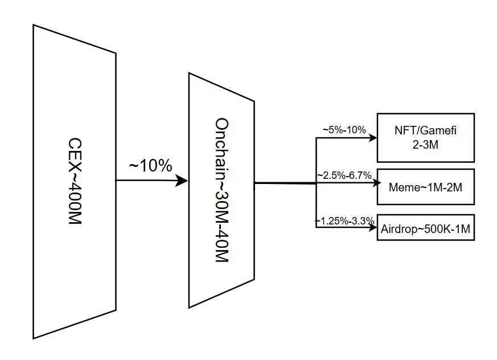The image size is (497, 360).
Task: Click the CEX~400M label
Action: (75, 181)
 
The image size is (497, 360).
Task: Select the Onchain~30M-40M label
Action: (221, 190)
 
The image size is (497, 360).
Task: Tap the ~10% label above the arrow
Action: (150, 166)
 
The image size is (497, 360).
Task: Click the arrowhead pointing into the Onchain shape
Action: (183, 181)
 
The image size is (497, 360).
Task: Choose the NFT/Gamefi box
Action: (425, 137)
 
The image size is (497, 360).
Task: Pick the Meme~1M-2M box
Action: (425, 187)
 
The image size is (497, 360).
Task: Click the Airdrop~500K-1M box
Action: (425, 228)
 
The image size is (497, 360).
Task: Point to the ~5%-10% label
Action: (344, 130)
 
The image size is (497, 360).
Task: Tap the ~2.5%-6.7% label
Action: (344, 175)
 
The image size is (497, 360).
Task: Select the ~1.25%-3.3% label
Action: (344, 220)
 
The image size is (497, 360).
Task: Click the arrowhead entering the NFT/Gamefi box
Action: (373, 137)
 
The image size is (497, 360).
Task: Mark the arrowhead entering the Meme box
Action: (373, 184)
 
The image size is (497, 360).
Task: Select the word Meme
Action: (401, 187)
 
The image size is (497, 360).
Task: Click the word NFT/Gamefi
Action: (425, 130)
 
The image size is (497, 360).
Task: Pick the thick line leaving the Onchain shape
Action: (285, 183)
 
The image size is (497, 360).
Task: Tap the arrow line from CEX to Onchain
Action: (148, 181)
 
